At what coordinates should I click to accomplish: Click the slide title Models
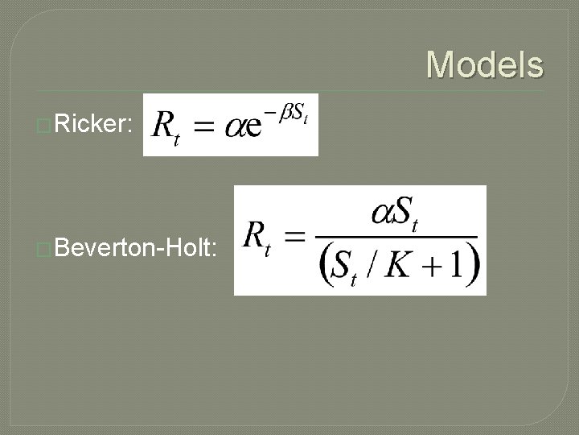click(484, 64)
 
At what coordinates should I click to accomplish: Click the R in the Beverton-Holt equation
click(254, 237)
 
